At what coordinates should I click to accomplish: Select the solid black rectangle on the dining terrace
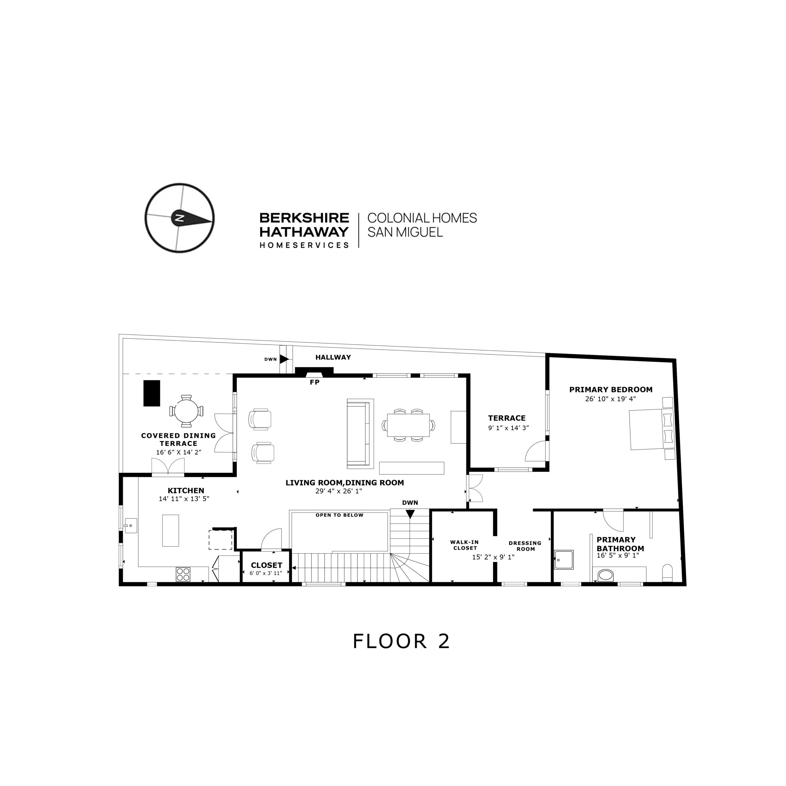click(x=151, y=393)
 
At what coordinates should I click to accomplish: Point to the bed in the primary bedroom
click(x=651, y=430)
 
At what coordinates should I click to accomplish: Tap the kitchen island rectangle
click(x=170, y=531)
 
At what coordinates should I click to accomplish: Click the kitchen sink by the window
click(x=130, y=526)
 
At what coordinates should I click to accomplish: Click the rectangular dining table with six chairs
click(x=408, y=425)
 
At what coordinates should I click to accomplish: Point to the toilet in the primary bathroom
click(x=667, y=573)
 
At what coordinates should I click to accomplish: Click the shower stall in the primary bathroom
click(x=564, y=559)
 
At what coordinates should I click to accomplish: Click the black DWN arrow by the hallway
click(x=284, y=359)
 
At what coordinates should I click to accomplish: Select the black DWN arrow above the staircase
click(x=410, y=514)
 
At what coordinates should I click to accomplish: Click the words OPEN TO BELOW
click(x=339, y=515)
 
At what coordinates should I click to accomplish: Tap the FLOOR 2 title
click(x=401, y=641)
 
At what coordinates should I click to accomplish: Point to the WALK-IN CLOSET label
click(x=464, y=545)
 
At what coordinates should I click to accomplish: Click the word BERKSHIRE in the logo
click(x=304, y=218)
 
